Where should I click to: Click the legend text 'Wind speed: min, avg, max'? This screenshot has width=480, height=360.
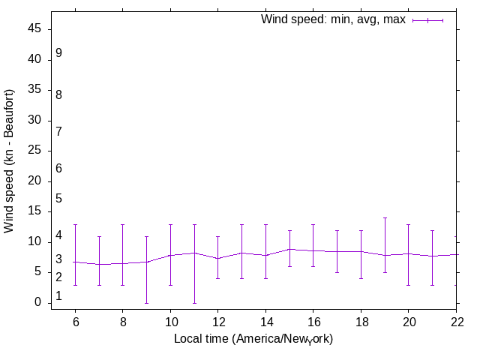pos(332,19)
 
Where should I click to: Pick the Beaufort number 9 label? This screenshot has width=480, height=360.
pos(58,53)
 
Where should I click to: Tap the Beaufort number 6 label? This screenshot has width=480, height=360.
pos(58,169)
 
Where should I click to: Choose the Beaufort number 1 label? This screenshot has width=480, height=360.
pos(58,296)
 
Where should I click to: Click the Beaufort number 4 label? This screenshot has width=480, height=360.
pos(58,236)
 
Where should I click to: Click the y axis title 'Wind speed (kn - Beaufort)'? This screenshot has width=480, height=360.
pos(10,160)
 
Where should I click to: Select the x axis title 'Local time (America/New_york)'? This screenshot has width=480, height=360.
pos(253,339)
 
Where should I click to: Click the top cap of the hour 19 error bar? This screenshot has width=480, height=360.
pos(385,218)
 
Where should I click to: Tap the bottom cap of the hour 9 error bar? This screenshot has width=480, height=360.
pos(146,303)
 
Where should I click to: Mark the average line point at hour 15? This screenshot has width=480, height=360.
pos(289,249)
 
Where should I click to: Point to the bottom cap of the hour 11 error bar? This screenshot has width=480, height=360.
pos(194,303)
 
